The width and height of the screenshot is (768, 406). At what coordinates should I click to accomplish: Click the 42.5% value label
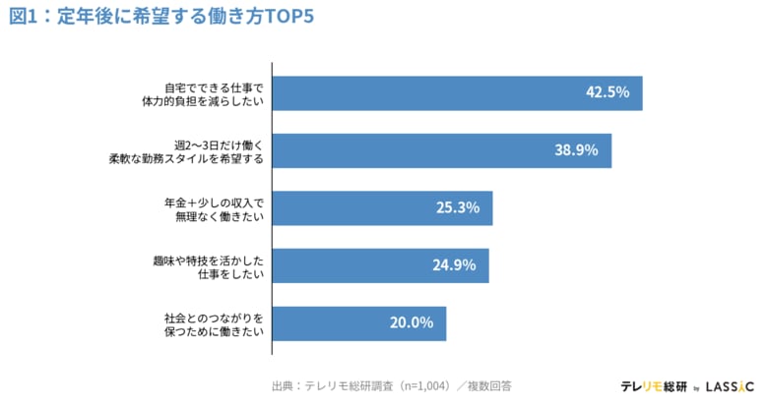click(607, 92)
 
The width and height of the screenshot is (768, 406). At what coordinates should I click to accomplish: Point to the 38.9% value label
click(576, 149)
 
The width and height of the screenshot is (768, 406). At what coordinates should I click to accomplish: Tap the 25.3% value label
click(457, 207)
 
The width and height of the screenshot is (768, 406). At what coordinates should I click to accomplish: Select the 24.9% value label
click(454, 264)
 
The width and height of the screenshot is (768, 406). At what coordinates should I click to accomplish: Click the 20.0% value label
click(411, 322)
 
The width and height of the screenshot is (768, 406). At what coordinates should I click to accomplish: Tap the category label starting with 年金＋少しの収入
click(216, 207)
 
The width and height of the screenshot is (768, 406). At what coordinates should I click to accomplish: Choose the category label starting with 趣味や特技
click(211, 264)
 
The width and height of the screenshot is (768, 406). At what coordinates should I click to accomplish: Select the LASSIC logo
click(730, 386)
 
